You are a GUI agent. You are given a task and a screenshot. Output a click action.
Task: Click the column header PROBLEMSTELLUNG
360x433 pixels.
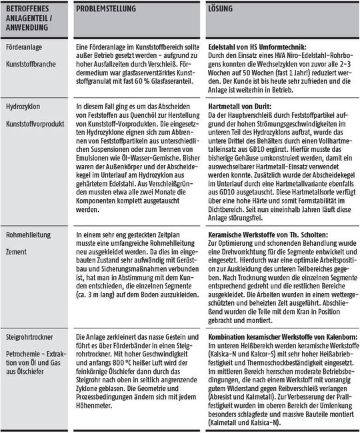[106, 8]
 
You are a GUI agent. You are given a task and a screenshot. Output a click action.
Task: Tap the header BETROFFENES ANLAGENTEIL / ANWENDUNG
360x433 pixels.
[33, 17]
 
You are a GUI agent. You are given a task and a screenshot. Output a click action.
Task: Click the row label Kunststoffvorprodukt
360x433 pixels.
[34, 124]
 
